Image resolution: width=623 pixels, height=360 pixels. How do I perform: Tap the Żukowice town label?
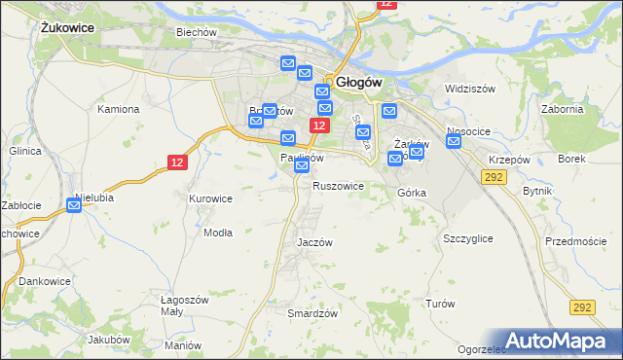[x=67, y=28]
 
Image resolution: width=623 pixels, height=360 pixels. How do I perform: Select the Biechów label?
[x=195, y=31]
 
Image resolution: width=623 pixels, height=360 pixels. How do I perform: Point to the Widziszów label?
[x=470, y=89]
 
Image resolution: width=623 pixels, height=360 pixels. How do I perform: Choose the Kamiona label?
[x=118, y=109]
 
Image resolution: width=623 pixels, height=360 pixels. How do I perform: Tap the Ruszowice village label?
[x=338, y=185]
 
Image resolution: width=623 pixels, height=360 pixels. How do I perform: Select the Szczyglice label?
[x=467, y=238]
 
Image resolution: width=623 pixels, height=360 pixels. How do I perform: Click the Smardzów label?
[x=312, y=313]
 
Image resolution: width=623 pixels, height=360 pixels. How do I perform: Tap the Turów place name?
[x=440, y=304]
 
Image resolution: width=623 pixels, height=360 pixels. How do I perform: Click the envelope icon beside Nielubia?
[x=75, y=205]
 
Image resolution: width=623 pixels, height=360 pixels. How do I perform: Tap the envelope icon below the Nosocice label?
[x=454, y=142]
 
